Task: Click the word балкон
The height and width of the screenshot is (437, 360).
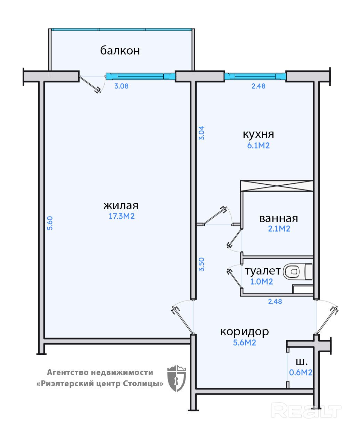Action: tap(120, 51)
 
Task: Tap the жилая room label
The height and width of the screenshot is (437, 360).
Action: tap(121, 205)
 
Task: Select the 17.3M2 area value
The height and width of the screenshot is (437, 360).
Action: tap(122, 216)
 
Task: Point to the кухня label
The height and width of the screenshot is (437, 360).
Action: tap(258, 134)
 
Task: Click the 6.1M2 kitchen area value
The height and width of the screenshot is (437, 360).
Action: tap(258, 145)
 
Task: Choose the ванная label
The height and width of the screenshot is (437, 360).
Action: tap(278, 218)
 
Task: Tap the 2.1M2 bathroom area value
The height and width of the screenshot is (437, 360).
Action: tap(279, 229)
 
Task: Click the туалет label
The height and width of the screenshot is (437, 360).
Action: tap(262, 271)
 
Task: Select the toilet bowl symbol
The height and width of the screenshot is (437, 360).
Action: tap(292, 271)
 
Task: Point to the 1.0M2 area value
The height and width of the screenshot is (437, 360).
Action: tap(262, 281)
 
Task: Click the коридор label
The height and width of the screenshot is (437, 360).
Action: tap(244, 331)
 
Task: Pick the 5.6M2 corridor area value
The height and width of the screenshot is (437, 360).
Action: tap(245, 343)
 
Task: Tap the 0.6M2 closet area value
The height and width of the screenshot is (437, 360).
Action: tap(301, 372)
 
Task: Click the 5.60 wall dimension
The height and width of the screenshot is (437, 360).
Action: tap(50, 223)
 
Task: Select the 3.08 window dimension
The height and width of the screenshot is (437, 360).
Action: tap(122, 86)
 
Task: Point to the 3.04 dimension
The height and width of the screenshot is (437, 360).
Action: tap(202, 133)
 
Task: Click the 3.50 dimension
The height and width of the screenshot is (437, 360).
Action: tap(202, 264)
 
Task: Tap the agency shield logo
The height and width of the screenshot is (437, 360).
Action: tap(177, 378)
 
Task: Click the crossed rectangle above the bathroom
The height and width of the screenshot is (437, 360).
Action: tap(277, 186)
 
